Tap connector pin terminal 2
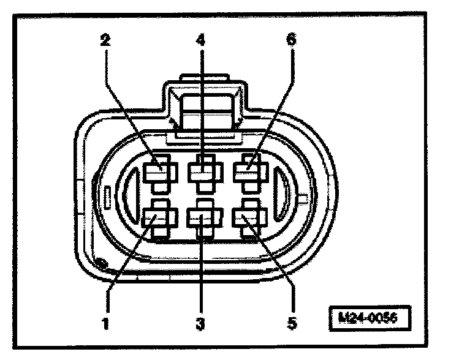(x=160, y=171)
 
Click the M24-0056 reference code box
(x=367, y=319)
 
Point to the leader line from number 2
(x=132, y=104)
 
